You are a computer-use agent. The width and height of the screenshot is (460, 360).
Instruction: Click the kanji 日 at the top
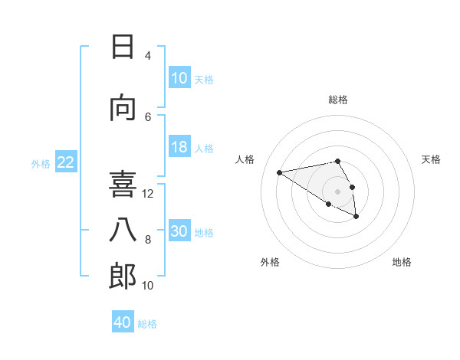tap(123, 47)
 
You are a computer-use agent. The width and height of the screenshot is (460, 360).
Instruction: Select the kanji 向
tap(123, 108)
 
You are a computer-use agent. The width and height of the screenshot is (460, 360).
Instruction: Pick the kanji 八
tap(123, 230)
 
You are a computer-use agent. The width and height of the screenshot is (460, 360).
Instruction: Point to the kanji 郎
tap(123, 276)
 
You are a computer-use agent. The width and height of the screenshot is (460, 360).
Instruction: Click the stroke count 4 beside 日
tap(147, 56)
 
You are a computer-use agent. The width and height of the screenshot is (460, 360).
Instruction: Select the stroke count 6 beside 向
tap(147, 116)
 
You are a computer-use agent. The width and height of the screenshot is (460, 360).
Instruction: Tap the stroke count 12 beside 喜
tap(149, 193)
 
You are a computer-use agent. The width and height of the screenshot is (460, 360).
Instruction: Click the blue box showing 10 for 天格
tap(179, 77)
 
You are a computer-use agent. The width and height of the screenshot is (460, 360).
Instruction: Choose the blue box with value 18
tap(179, 147)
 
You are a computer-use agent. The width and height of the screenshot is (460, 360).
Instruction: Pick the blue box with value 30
tap(179, 231)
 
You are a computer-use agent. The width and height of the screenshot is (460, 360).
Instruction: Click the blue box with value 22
tap(66, 162)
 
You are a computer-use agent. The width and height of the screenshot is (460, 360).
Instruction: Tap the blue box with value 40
tap(123, 322)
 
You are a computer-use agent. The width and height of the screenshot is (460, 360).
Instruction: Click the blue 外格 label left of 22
tap(41, 163)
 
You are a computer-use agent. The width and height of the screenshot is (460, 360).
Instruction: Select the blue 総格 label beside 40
tap(147, 324)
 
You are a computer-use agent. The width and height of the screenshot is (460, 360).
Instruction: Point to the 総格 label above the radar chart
tap(337, 100)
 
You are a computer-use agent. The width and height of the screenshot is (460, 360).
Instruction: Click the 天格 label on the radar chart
tap(431, 159)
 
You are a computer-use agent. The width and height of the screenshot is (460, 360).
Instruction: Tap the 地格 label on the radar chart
tap(402, 262)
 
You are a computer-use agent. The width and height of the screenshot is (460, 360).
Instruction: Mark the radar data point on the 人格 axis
tap(279, 172)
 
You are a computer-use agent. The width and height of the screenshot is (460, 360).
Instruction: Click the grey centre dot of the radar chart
tap(337, 191)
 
